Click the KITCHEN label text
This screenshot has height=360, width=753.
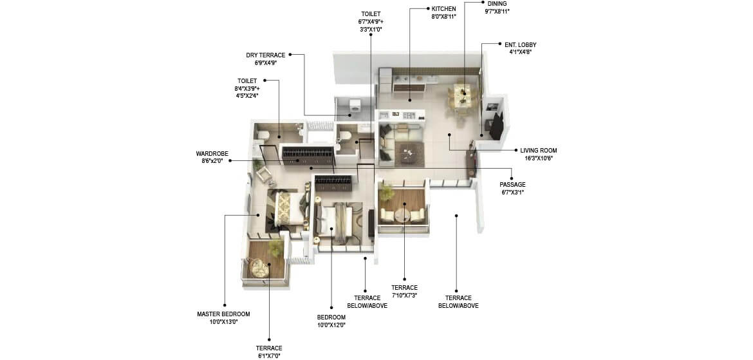444,9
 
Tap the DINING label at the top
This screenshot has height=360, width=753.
497,3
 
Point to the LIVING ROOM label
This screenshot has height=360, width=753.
539,150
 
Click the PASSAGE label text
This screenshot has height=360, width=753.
512,185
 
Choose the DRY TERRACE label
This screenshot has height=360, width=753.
265,55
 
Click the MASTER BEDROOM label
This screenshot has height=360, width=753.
223,314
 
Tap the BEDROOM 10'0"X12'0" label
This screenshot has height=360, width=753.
331,317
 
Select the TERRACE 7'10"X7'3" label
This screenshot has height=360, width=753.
404,288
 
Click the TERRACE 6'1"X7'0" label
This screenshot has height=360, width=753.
268,348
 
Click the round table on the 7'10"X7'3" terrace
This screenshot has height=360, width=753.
404,214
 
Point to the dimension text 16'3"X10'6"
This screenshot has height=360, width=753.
539,158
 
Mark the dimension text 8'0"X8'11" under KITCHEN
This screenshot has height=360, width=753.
444,17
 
